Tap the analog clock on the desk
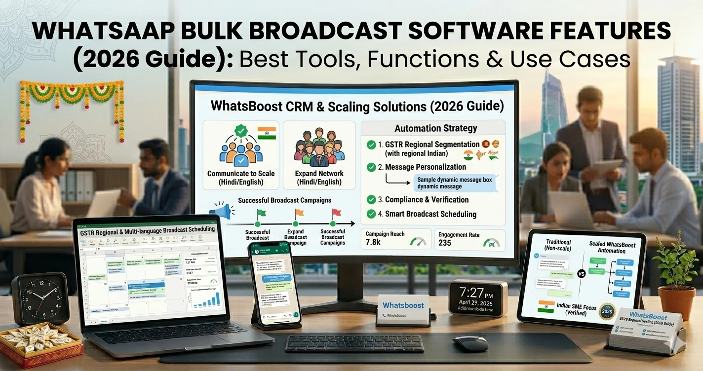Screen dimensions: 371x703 coord(40,297)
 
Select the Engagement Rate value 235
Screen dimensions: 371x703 coord(445,243)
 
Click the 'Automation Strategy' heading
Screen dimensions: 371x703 coord(435,128)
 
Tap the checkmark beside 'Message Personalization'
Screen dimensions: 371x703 coord(371,167)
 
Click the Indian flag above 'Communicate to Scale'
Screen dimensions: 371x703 coord(267,133)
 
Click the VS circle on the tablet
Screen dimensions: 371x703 coord(581,273)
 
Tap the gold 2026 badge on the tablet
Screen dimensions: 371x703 coord(608,312)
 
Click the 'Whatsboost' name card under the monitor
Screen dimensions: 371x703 coord(403,310)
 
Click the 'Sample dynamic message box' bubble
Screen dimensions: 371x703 coord(454,183)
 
